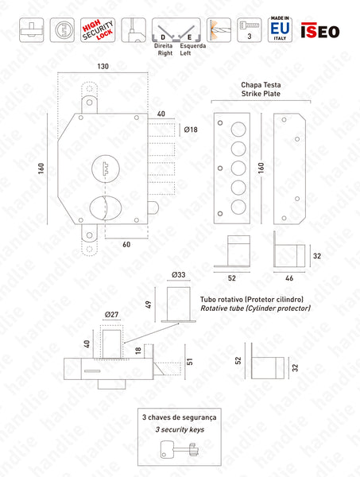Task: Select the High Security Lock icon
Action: [95, 29]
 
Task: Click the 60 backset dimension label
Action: [126, 245]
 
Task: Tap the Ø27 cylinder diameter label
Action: [112, 315]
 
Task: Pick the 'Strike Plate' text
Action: [262, 94]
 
